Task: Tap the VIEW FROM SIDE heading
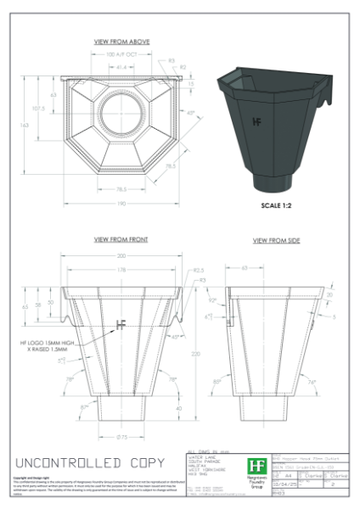click(277, 241)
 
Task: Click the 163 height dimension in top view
click(24, 125)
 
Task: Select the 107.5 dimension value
click(38, 109)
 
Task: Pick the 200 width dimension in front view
click(122, 255)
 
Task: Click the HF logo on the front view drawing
click(121, 322)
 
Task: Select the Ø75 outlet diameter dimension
click(121, 437)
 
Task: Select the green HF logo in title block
click(256, 466)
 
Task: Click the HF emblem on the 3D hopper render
click(257, 120)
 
